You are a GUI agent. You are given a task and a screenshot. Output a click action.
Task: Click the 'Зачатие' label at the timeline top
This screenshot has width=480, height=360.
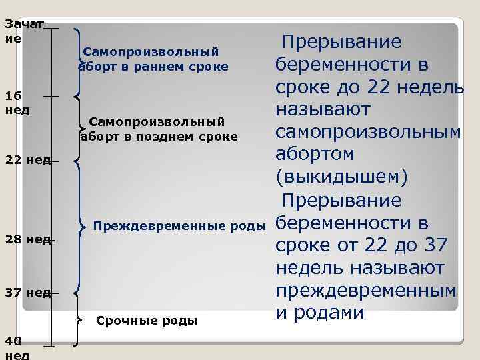(x=23, y=31)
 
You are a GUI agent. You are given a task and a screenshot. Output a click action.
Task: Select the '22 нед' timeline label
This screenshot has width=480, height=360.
(x=27, y=160)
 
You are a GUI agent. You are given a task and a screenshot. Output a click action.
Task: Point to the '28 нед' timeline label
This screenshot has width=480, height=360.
(x=27, y=239)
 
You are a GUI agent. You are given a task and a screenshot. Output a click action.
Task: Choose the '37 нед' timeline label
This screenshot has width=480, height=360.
(x=27, y=292)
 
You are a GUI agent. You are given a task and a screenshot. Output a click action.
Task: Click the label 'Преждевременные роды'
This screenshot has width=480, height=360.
(x=179, y=226)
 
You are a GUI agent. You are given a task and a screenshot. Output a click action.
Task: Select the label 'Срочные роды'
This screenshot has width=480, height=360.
(x=147, y=321)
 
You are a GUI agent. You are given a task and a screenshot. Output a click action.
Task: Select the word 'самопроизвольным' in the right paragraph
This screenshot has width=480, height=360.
(x=368, y=132)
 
